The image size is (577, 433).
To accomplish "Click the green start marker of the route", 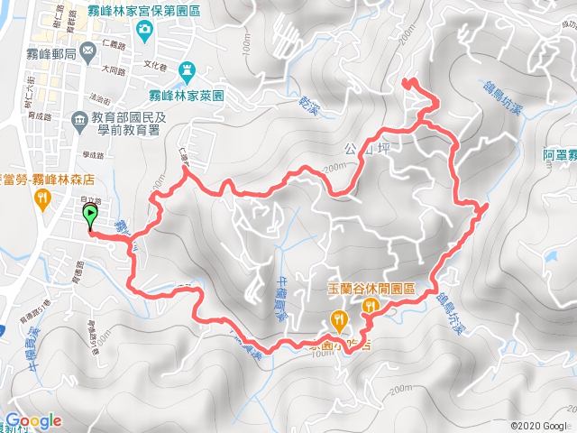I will coord(91,215).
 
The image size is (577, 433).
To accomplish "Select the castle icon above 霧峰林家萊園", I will coord(187,69).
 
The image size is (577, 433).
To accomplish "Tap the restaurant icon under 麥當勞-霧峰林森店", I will coord(41,198).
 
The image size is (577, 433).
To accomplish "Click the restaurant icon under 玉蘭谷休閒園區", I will coord(370,308).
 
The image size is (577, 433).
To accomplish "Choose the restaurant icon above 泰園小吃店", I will coord(338,318).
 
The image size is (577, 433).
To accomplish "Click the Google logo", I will coord(34,420).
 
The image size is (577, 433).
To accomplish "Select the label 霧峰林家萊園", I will coord(187,93).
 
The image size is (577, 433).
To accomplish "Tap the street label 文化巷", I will coord(155,66).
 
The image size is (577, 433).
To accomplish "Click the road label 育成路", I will coord(41,116).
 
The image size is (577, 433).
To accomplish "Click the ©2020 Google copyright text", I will coord(539,426).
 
